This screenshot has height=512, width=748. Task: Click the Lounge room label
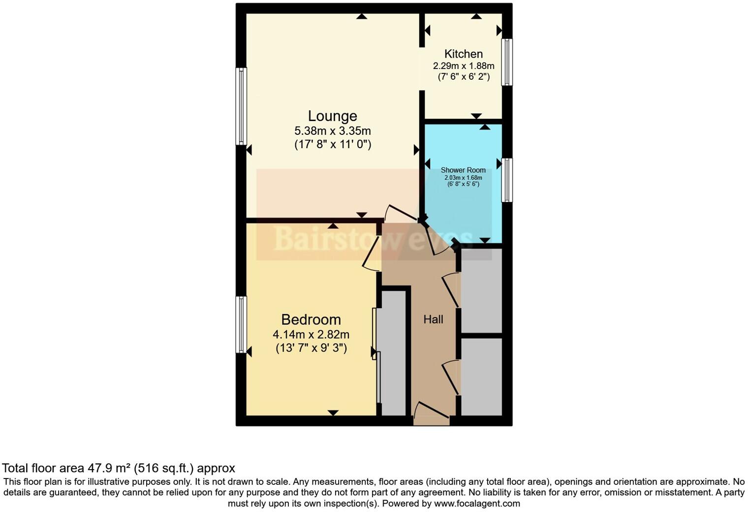coord(332,116)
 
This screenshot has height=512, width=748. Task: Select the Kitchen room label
coord(463,54)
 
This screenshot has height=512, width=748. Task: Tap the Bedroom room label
coord(311,320)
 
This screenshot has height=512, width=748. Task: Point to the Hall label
coord(433,320)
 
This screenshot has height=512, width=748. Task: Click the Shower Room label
coord(463,170)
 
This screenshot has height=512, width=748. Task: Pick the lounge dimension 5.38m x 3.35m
coord(332,131)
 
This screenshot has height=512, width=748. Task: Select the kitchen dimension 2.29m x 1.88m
coord(463,66)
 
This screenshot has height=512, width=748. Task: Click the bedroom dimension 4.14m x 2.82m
coord(311,335)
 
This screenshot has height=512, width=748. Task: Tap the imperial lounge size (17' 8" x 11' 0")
coord(332,145)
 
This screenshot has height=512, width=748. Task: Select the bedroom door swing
coord(372,254)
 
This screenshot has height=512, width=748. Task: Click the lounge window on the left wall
coord(241,106)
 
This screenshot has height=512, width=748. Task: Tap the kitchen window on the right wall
coord(507,63)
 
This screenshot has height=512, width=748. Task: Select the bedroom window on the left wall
coord(241,324)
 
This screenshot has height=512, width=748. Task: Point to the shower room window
coord(507,180)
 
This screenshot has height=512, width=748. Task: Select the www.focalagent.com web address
coord(477,504)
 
